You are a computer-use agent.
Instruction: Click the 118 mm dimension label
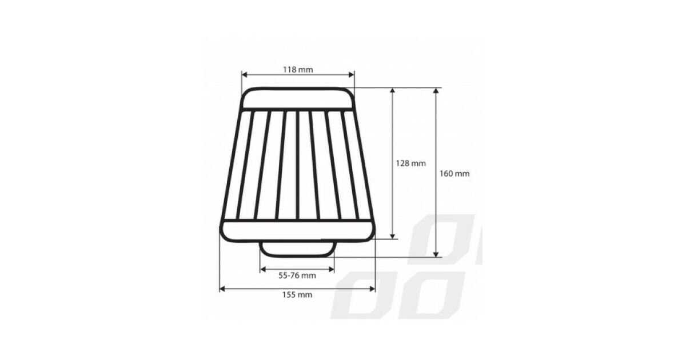(298, 70)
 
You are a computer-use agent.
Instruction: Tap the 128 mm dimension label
(410, 163)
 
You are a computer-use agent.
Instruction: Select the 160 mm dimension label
(454, 174)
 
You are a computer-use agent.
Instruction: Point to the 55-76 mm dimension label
(297, 275)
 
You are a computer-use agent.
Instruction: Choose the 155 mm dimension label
(297, 295)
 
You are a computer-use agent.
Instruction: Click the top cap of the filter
(298, 98)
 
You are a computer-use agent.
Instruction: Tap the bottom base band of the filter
(297, 231)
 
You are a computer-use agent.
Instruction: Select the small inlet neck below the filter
(297, 249)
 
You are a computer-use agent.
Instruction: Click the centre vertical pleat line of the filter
(297, 165)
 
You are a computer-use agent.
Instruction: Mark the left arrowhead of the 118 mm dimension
(245, 74)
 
